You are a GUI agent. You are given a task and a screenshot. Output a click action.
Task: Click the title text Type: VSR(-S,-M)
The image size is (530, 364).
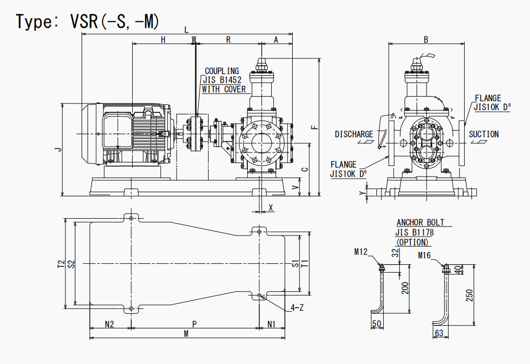coord(87,21)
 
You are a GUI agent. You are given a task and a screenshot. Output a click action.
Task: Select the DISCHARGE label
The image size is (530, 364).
coord(354,134)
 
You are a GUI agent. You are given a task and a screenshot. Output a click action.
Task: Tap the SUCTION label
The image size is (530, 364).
coord(483,134)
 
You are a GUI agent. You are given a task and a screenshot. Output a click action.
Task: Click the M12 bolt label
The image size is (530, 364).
coord(361,252)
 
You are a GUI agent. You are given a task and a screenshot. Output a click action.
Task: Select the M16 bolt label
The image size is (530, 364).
coord(424,255)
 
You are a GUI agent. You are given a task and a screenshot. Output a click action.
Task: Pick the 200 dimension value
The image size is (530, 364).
coord(405,288)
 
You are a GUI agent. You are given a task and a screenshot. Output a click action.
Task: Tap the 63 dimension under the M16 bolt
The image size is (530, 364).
coord(439,333)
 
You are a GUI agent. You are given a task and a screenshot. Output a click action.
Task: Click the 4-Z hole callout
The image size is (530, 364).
coord(297,308)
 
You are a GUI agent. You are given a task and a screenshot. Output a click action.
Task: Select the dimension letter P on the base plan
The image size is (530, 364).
coord(194,324)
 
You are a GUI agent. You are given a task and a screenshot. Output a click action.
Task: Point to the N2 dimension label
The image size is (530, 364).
coord(109,324)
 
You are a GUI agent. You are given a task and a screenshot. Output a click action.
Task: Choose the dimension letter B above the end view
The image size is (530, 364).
coord(426,40)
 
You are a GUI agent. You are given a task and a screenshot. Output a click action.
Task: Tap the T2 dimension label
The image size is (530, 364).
coord(61,264)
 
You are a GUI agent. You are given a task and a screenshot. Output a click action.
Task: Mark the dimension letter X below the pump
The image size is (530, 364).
coord(271,207)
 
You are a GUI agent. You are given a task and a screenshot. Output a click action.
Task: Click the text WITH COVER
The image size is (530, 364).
coord(224,89)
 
